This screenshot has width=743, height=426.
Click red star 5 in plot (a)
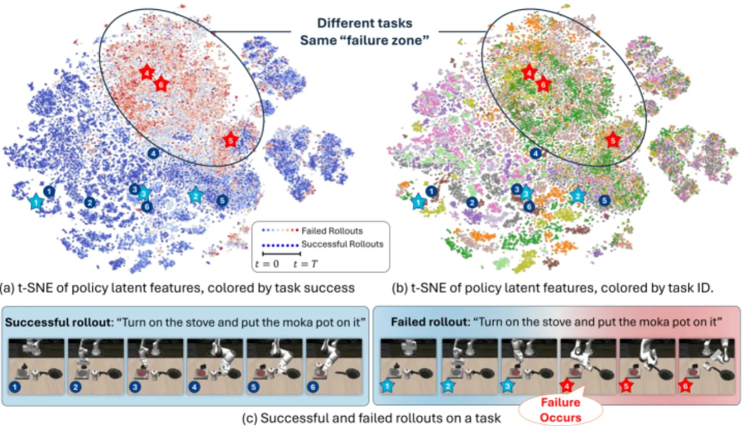point(231,140)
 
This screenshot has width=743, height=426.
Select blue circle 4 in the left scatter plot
point(153,153)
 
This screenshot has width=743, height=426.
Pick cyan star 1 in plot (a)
point(36,202)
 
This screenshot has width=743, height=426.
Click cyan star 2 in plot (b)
point(578,196)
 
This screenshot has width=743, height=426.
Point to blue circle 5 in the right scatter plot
point(604,201)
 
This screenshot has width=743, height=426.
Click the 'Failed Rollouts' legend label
point(332,231)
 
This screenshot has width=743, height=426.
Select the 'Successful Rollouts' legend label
point(342,244)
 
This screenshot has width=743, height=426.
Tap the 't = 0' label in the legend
point(267,264)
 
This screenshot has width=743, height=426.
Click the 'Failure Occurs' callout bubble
point(561,410)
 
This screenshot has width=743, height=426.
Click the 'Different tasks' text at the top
point(365,23)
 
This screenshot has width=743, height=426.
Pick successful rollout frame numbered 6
point(334,366)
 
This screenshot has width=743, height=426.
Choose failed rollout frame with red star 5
point(647,366)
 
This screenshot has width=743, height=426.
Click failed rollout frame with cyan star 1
point(408,366)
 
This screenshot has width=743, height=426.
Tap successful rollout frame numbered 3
point(155,366)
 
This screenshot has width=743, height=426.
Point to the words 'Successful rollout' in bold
point(57,323)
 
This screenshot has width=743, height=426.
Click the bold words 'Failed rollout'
point(430,322)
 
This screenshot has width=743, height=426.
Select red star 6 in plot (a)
point(161,85)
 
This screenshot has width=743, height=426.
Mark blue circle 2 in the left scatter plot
point(89,202)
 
